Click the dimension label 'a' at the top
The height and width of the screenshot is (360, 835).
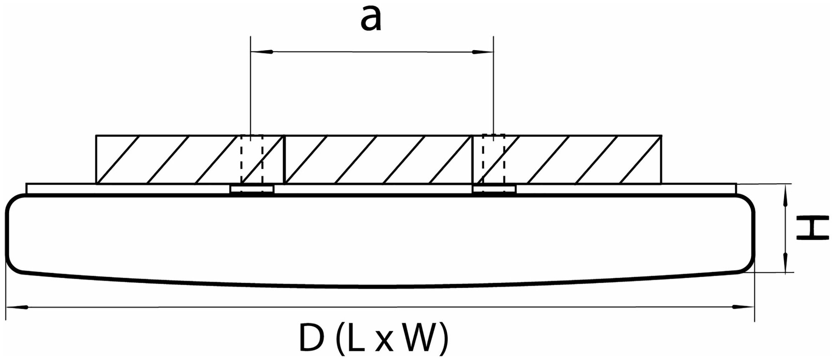(x=371, y=20)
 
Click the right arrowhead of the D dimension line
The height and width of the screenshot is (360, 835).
(x=741, y=307)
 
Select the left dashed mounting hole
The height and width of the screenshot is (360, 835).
(x=252, y=159)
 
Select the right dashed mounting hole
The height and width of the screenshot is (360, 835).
(x=493, y=159)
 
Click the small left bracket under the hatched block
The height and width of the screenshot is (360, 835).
(x=252, y=189)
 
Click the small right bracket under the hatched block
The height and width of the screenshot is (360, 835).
(x=494, y=189)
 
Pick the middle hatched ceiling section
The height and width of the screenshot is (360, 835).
(x=378, y=159)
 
